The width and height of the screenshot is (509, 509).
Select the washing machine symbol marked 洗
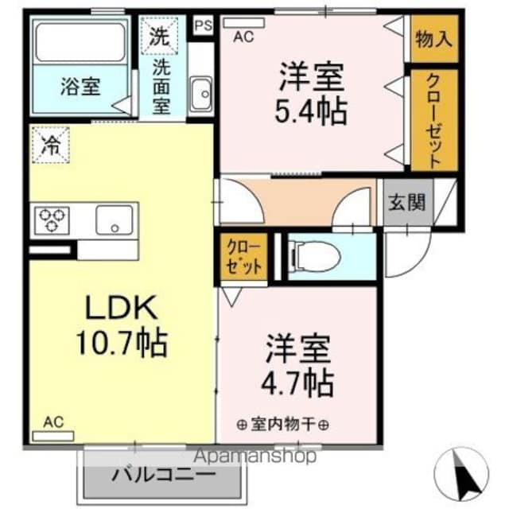[159, 36]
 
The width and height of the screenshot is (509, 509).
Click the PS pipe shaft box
[204, 24]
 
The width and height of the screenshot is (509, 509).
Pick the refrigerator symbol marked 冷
[49, 146]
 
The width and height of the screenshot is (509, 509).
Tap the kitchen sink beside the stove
[115, 219]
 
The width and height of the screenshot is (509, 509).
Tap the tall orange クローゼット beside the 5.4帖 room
[433, 119]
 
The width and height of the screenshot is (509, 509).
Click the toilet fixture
[313, 255]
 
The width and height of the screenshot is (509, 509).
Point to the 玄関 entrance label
[407, 201]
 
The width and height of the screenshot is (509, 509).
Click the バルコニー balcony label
[163, 475]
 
